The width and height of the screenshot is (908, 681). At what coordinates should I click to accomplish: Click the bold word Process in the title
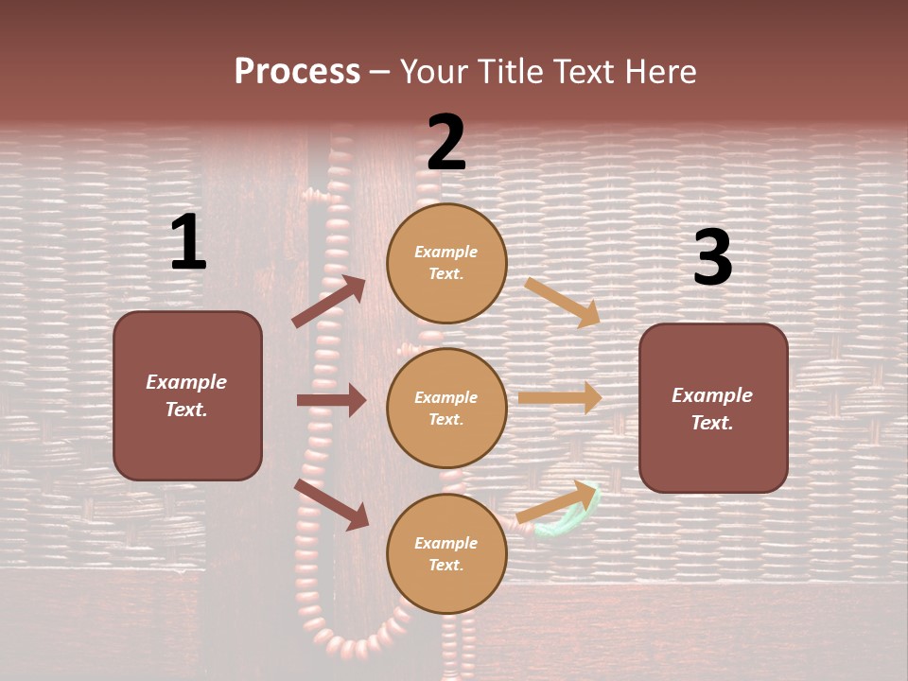[297, 72]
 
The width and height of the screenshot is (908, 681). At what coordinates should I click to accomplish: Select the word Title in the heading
[512, 72]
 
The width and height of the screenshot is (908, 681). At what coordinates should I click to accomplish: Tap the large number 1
[188, 243]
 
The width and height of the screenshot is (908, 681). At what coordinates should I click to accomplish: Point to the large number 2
[446, 143]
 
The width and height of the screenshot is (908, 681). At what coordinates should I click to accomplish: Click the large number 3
[712, 258]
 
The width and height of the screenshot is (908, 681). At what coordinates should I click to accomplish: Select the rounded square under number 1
[187, 445]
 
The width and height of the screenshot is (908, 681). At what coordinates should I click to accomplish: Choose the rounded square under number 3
[713, 459]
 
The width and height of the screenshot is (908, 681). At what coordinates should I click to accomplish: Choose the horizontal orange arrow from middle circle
[559, 397]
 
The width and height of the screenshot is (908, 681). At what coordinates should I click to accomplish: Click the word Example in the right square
[712, 395]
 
